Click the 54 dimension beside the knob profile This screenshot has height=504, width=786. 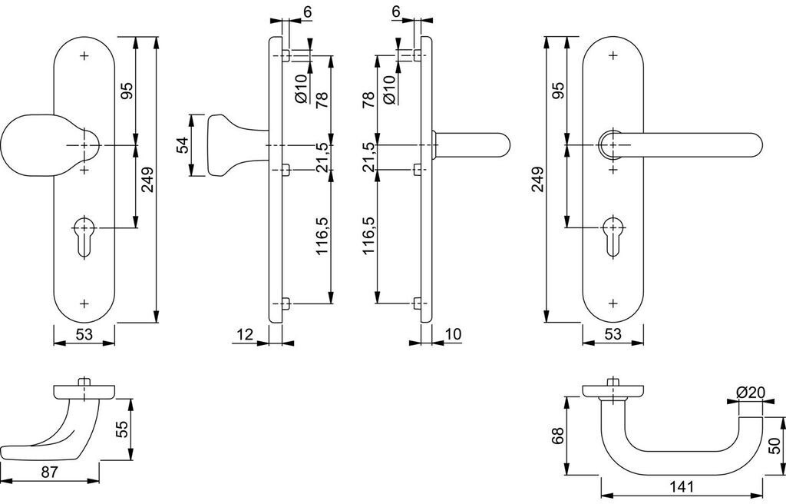(183, 145)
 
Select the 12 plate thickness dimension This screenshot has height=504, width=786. (245, 334)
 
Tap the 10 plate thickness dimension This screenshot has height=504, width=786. (453, 334)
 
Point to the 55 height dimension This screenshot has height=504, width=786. (122, 429)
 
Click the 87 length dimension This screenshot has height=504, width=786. (50, 472)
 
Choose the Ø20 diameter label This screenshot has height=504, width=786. (750, 392)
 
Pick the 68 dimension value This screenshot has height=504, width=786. (557, 436)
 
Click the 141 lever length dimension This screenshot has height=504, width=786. (682, 486)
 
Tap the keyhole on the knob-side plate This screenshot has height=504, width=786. (84, 236)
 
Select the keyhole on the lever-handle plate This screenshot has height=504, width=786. (613, 236)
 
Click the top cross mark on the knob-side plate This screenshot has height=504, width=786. (84, 55)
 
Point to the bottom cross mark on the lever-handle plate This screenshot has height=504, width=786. (613, 303)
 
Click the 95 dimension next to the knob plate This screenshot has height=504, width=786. (128, 91)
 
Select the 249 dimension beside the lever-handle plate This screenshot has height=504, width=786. (537, 179)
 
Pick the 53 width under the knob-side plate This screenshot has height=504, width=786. (84, 334)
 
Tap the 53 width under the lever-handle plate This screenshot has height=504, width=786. (613, 334)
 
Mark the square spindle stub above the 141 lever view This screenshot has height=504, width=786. (612, 382)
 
